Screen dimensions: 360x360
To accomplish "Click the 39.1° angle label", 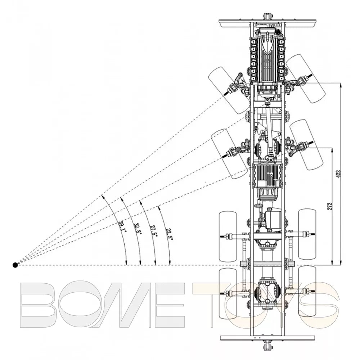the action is pos(122,227).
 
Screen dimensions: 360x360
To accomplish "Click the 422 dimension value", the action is pos(339,174).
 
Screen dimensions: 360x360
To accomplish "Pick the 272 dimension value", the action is pos(330,207).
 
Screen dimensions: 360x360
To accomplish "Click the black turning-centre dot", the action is pos(15,265).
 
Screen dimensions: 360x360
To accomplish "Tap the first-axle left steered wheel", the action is pos(228,90).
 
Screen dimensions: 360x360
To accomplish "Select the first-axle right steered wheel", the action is pos(306,78).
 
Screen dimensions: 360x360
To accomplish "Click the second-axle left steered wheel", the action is pos(230,154).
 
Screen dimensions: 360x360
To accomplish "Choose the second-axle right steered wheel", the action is pos(306,145).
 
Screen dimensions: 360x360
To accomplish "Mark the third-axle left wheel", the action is pos(228,237).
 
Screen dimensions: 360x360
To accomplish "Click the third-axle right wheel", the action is pos(307,234).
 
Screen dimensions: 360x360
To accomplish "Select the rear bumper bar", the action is pos(267,338).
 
